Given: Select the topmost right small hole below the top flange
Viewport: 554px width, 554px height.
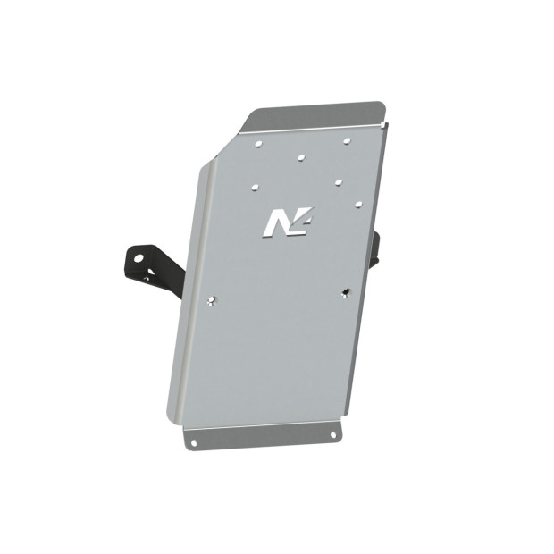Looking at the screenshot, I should click(346, 140).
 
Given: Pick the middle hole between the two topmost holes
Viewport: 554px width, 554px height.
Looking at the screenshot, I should click(301, 156).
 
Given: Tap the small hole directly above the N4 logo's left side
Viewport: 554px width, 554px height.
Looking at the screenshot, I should click(256, 188).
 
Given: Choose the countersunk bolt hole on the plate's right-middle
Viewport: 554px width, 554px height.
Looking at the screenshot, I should click(345, 291).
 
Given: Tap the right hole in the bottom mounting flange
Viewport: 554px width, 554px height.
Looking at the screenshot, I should click(332, 434).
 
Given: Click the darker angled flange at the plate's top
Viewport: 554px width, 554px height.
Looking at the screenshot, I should click(317, 114).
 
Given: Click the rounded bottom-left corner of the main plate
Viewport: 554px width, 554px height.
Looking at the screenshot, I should click(172, 418).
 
